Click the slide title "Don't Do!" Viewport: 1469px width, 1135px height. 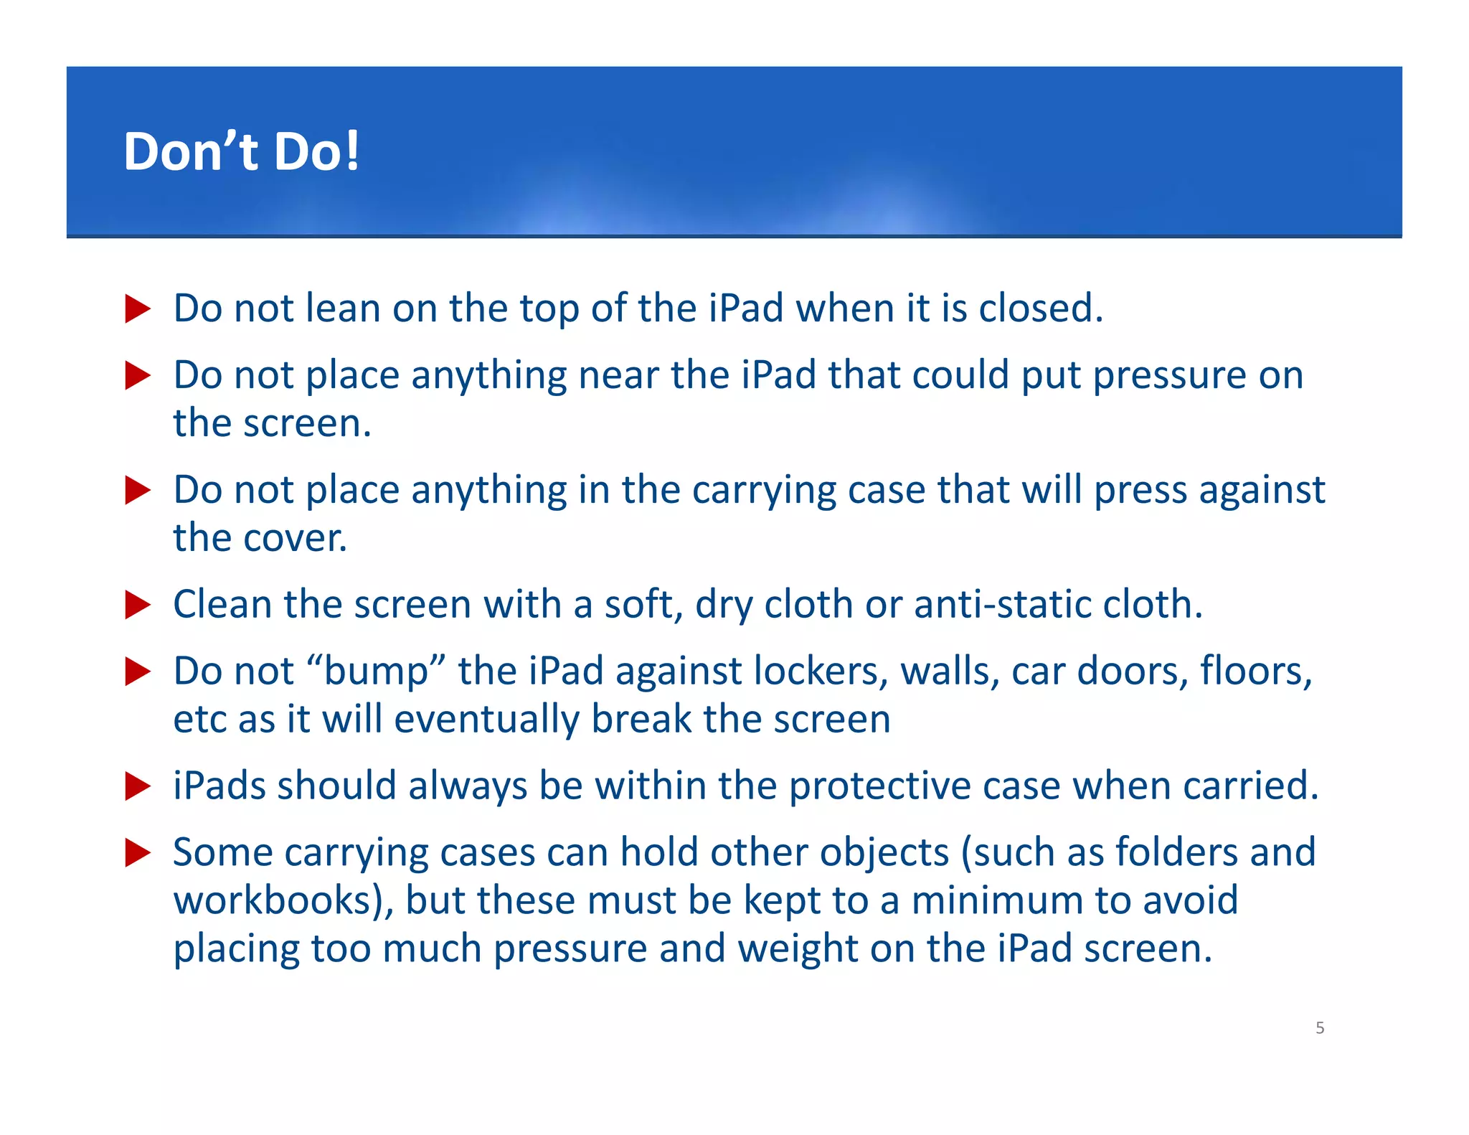coord(241,151)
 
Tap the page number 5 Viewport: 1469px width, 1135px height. coord(1320,1027)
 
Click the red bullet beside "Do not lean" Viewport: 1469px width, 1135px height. coord(137,309)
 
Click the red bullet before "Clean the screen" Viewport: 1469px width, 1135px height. coord(137,605)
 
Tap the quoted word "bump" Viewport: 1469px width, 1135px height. coord(376,672)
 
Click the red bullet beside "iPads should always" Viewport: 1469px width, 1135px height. coord(137,786)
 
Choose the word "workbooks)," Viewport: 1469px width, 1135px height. coord(283,900)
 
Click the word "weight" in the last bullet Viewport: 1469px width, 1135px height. coord(797,948)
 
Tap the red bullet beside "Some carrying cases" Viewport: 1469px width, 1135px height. coord(137,853)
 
